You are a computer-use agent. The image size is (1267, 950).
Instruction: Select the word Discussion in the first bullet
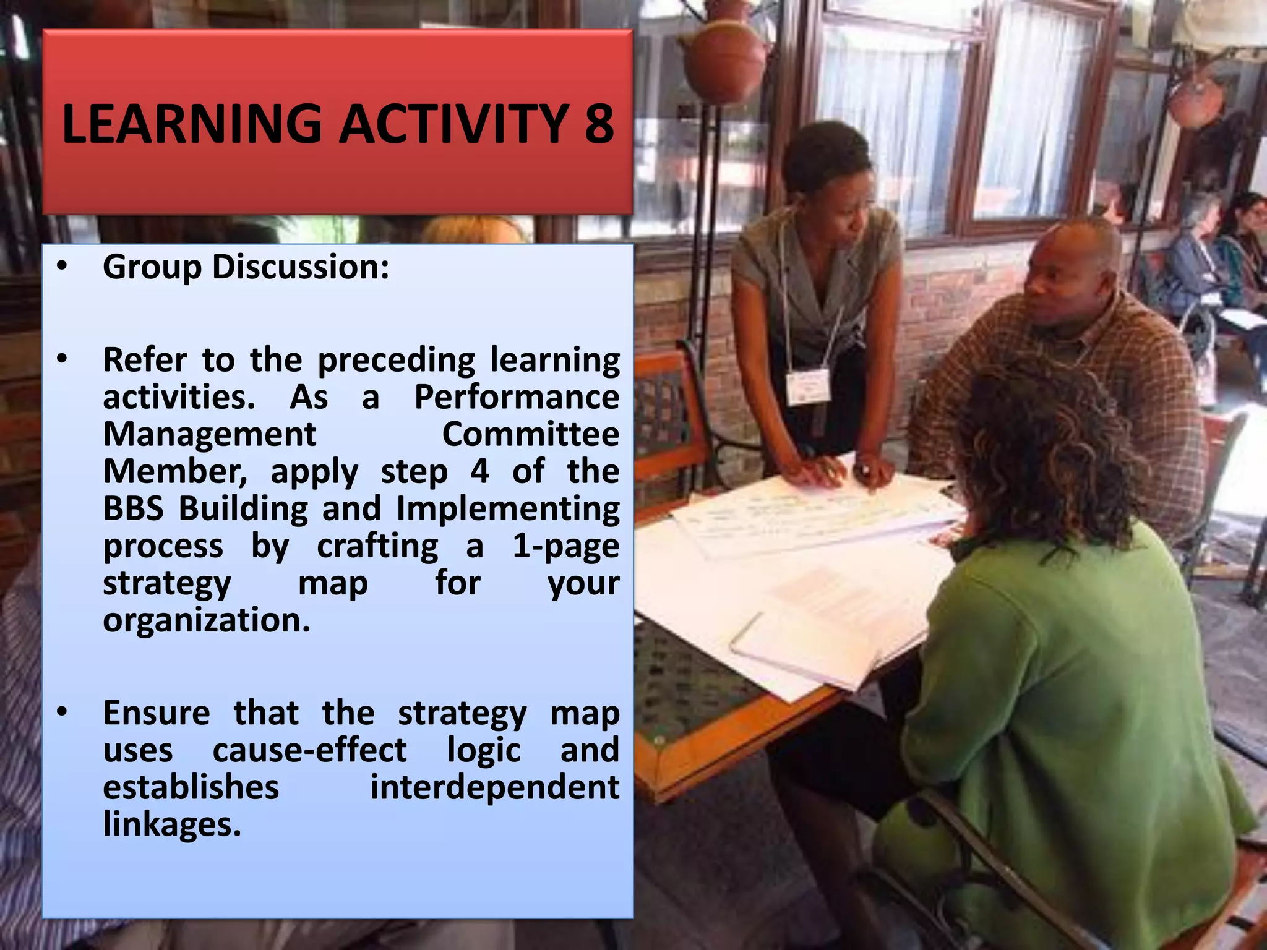coord(301,267)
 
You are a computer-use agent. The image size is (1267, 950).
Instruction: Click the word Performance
coord(517,396)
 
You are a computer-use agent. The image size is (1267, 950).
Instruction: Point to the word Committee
coord(530,434)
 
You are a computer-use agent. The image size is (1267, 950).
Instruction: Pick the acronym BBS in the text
coord(133,508)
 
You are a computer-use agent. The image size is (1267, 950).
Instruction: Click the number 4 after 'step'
coord(479,471)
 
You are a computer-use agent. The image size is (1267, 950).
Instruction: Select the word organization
coord(207,620)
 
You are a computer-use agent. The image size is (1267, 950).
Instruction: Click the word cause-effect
coord(309,750)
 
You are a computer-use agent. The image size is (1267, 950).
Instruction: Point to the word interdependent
coord(494,787)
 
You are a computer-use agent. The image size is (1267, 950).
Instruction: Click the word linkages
coord(172,824)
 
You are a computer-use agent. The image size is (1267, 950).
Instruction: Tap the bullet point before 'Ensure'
coord(61,713)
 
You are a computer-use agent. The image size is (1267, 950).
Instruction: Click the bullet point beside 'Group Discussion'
coord(61,267)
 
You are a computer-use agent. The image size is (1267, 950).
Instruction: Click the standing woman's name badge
coord(807,387)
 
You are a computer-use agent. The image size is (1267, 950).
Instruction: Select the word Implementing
coord(507,508)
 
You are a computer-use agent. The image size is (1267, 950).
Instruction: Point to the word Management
coord(210,434)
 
